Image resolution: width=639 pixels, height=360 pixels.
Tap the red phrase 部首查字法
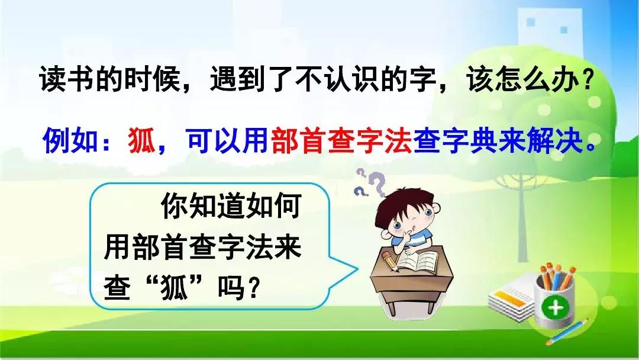coord(341,141)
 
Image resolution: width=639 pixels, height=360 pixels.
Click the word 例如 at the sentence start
coord(70,141)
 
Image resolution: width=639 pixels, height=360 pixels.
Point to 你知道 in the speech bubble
coord(203,205)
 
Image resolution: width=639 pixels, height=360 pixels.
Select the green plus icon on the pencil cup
coord(556,307)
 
